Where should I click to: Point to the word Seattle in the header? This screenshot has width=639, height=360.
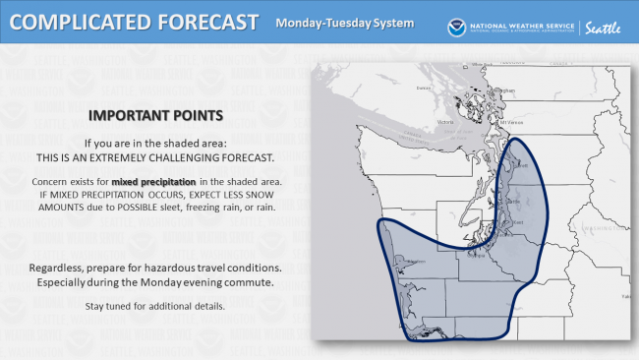(603, 28)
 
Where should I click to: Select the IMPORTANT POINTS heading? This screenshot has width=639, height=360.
(155, 114)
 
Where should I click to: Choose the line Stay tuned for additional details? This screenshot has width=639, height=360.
(155, 307)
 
